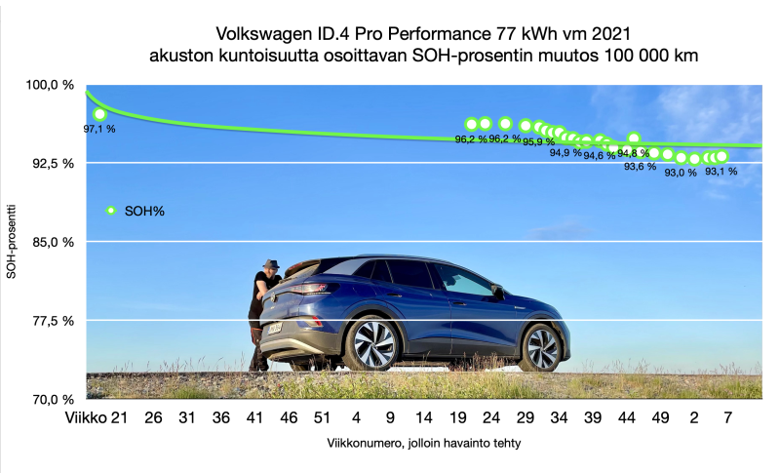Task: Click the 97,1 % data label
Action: pos(99,128)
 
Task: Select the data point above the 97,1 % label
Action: pos(99,114)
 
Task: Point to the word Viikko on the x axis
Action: pos(84,418)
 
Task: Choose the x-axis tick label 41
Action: pos(254,418)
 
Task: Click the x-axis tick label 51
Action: pos(322,418)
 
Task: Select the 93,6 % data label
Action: pos(641,166)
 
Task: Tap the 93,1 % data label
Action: pos(721,171)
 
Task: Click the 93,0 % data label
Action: pos(681,173)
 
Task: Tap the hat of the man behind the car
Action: pos(271,264)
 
